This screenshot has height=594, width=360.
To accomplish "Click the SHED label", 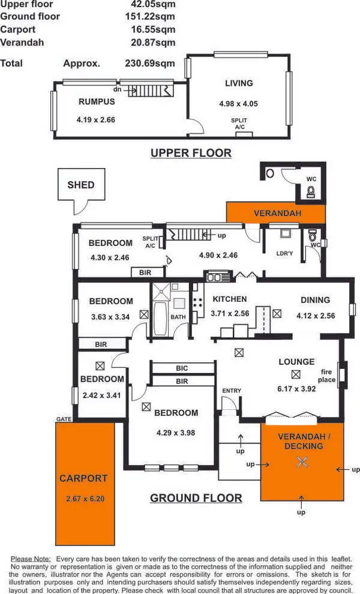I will coord(81,185).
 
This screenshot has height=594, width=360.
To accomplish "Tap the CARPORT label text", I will coord(83,478).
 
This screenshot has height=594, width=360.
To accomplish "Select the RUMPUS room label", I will coord(97,101).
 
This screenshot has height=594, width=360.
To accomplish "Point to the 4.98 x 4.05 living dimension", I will coord(238,104).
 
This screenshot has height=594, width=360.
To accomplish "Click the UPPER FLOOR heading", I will coord(191,153).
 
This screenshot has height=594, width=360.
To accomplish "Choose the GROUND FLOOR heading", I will coord(196,498).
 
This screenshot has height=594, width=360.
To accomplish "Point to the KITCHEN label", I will coord(229,299).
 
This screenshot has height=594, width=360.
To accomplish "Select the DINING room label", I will coord(316,300).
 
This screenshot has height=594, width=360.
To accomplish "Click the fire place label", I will coord(327,376).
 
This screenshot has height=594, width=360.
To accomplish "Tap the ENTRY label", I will coord(232,391).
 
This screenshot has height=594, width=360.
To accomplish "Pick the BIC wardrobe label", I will coord(182,368).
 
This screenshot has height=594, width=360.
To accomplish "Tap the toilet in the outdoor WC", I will coord(311,191).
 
